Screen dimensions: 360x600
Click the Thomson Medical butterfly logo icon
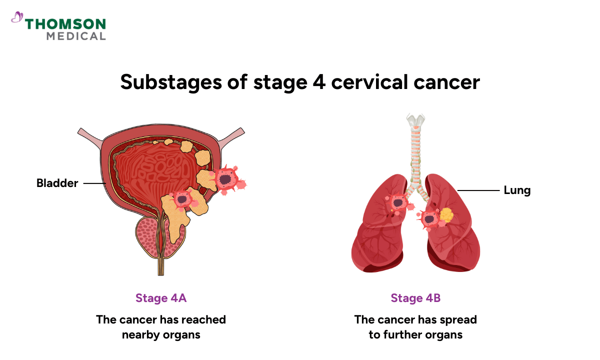coord(17,18)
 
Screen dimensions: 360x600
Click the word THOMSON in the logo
coord(65,24)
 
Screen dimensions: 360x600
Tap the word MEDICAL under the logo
coord(76,36)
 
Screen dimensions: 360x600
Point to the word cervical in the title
coord(369,82)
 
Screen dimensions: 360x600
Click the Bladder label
coord(57,183)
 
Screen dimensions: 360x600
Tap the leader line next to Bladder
coord(94,183)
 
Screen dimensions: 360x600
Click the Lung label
coord(517,190)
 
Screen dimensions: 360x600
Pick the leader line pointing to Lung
coord(478,190)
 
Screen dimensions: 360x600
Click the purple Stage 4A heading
coord(161,298)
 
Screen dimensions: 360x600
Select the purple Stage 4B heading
coord(415,298)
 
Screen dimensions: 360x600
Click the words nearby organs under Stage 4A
coord(161,334)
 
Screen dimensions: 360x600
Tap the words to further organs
coord(415,334)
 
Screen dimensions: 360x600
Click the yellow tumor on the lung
coord(446,215)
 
